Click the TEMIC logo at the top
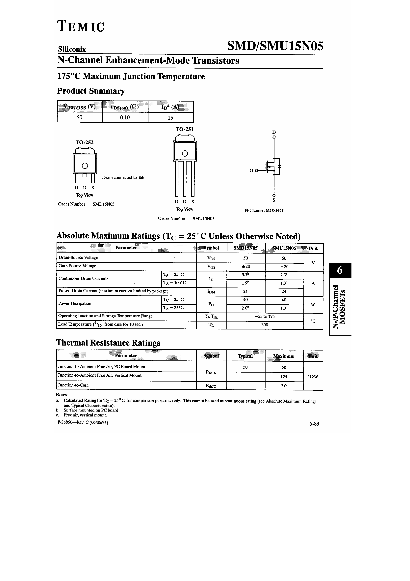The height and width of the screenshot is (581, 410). [81, 26]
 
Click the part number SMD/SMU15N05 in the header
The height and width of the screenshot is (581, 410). [275, 46]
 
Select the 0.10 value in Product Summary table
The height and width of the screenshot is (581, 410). [125, 117]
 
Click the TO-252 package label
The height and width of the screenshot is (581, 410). [84, 142]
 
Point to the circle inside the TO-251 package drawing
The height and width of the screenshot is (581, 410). [185, 153]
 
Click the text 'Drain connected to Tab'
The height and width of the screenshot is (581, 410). [123, 178]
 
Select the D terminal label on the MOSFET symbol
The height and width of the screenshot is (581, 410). [274, 132]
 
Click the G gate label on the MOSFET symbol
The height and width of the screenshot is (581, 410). [251, 170]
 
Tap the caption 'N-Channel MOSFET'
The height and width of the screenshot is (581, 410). [264, 211]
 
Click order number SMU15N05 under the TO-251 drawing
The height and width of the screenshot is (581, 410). [203, 219]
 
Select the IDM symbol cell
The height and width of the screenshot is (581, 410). [211, 292]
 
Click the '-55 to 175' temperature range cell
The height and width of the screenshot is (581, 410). [265, 317]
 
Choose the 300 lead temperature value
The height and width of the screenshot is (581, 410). [265, 325]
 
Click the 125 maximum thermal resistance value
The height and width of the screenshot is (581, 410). [284, 377]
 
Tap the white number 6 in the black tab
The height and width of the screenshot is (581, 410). [340, 270]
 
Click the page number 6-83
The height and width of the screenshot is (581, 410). [314, 424]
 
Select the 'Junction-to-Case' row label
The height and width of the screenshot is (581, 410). [73, 385]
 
